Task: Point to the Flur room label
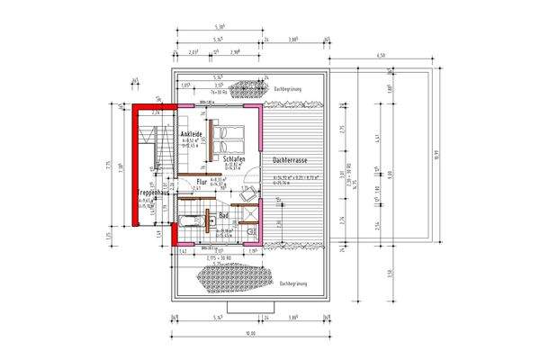(202, 181)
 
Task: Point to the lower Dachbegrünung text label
(293, 283)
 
